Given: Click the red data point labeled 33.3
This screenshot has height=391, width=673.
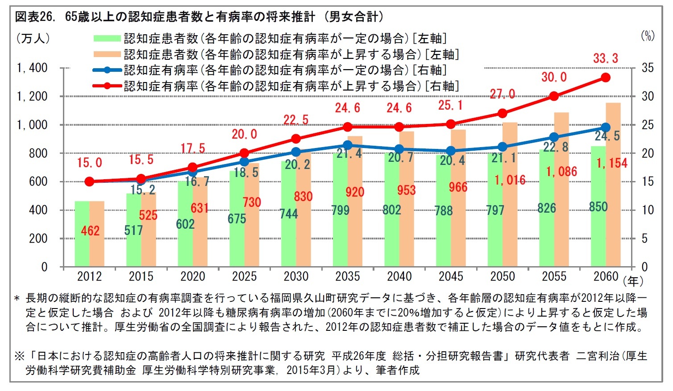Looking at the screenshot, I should point(606,78).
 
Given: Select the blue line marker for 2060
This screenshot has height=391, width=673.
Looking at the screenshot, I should point(606,128).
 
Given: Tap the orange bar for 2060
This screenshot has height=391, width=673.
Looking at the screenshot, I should point(613,187).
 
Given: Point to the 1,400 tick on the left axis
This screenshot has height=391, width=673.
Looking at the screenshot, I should point(32,68).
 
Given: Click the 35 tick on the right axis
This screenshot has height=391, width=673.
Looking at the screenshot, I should point(647,68).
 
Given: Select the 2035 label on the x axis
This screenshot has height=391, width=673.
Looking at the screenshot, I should point(348,276).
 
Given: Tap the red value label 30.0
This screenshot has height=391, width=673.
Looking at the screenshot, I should point(554,77).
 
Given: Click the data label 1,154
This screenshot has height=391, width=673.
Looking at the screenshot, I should point(612,163).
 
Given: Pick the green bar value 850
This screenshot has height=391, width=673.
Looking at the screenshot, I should point(598,207).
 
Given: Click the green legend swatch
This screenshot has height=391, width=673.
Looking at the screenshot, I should point(107,39).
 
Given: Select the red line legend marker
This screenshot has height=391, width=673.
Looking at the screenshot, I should point(107,86).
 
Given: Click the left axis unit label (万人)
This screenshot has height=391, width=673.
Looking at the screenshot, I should point(33,38).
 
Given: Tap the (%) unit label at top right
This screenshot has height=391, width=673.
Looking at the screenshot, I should point(648,36).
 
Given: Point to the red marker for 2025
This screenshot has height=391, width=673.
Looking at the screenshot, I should point(244,153).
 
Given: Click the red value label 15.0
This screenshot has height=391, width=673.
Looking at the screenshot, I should point(89,163).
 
